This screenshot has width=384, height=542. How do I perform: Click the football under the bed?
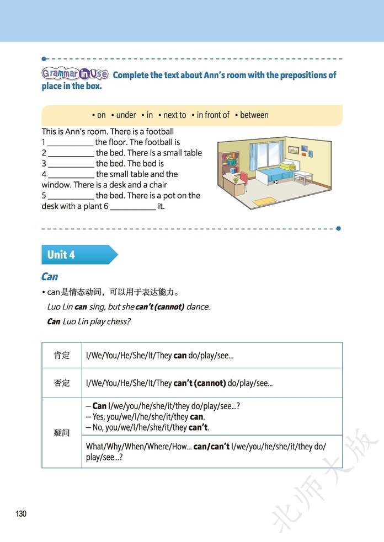[275, 182]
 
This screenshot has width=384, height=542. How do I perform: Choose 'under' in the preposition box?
[126, 115]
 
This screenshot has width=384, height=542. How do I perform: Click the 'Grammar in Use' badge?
[74, 74]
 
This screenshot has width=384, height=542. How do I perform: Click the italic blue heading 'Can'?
[50, 277]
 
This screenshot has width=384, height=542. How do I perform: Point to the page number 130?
[21, 514]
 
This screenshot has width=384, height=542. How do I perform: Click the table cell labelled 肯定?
[62, 356]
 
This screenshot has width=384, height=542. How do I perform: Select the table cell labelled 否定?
[62, 383]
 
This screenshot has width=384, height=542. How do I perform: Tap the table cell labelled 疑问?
[62, 433]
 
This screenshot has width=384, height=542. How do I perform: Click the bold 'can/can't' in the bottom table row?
[211, 447]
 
